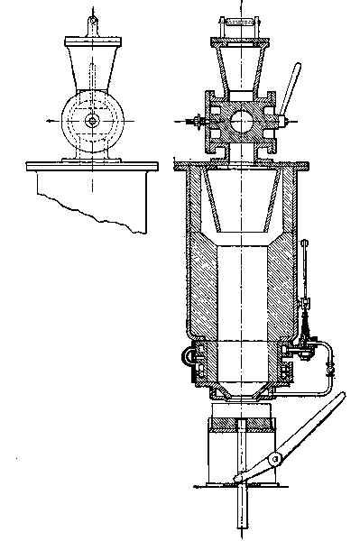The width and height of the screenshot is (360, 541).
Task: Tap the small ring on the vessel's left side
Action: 189,356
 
